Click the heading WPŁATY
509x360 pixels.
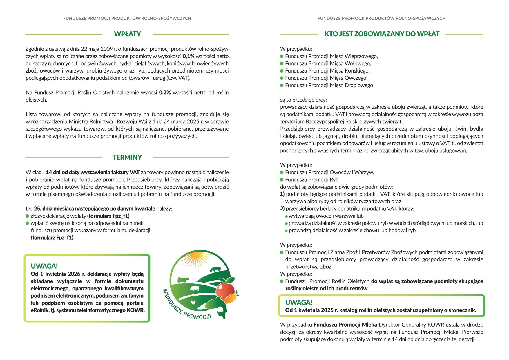(x=127, y=34)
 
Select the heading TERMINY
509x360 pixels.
(x=127, y=157)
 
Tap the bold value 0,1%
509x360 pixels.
(x=189, y=56)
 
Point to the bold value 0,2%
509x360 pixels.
(x=165, y=93)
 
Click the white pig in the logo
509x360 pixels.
(x=194, y=288)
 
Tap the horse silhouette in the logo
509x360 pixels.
(x=215, y=269)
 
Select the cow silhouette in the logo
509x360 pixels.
(x=183, y=280)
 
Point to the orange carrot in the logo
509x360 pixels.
(x=231, y=298)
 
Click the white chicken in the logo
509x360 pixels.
(x=193, y=303)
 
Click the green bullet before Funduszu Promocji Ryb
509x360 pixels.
(x=282, y=180)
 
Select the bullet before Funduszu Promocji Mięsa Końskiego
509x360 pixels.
(x=282, y=71)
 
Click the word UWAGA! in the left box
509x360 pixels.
(x=44, y=266)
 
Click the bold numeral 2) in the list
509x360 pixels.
(x=282, y=209)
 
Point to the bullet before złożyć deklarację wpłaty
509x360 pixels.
(x=28, y=216)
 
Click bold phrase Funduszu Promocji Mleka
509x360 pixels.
(x=345, y=325)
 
